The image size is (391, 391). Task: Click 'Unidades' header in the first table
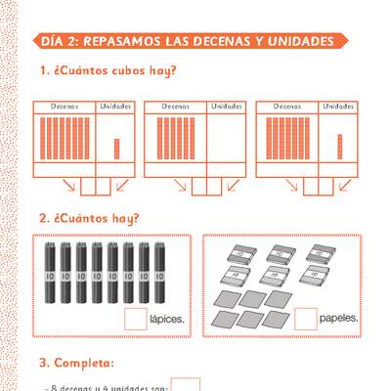(x=115, y=106)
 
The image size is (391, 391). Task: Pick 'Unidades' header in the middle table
(x=227, y=106)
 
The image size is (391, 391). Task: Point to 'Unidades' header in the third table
(x=338, y=106)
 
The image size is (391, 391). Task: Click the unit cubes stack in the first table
(x=116, y=148)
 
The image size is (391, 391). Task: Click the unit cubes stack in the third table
(x=339, y=145)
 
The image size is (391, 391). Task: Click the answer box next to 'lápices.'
(x=135, y=318)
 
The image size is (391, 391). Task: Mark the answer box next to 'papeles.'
(x=306, y=318)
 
